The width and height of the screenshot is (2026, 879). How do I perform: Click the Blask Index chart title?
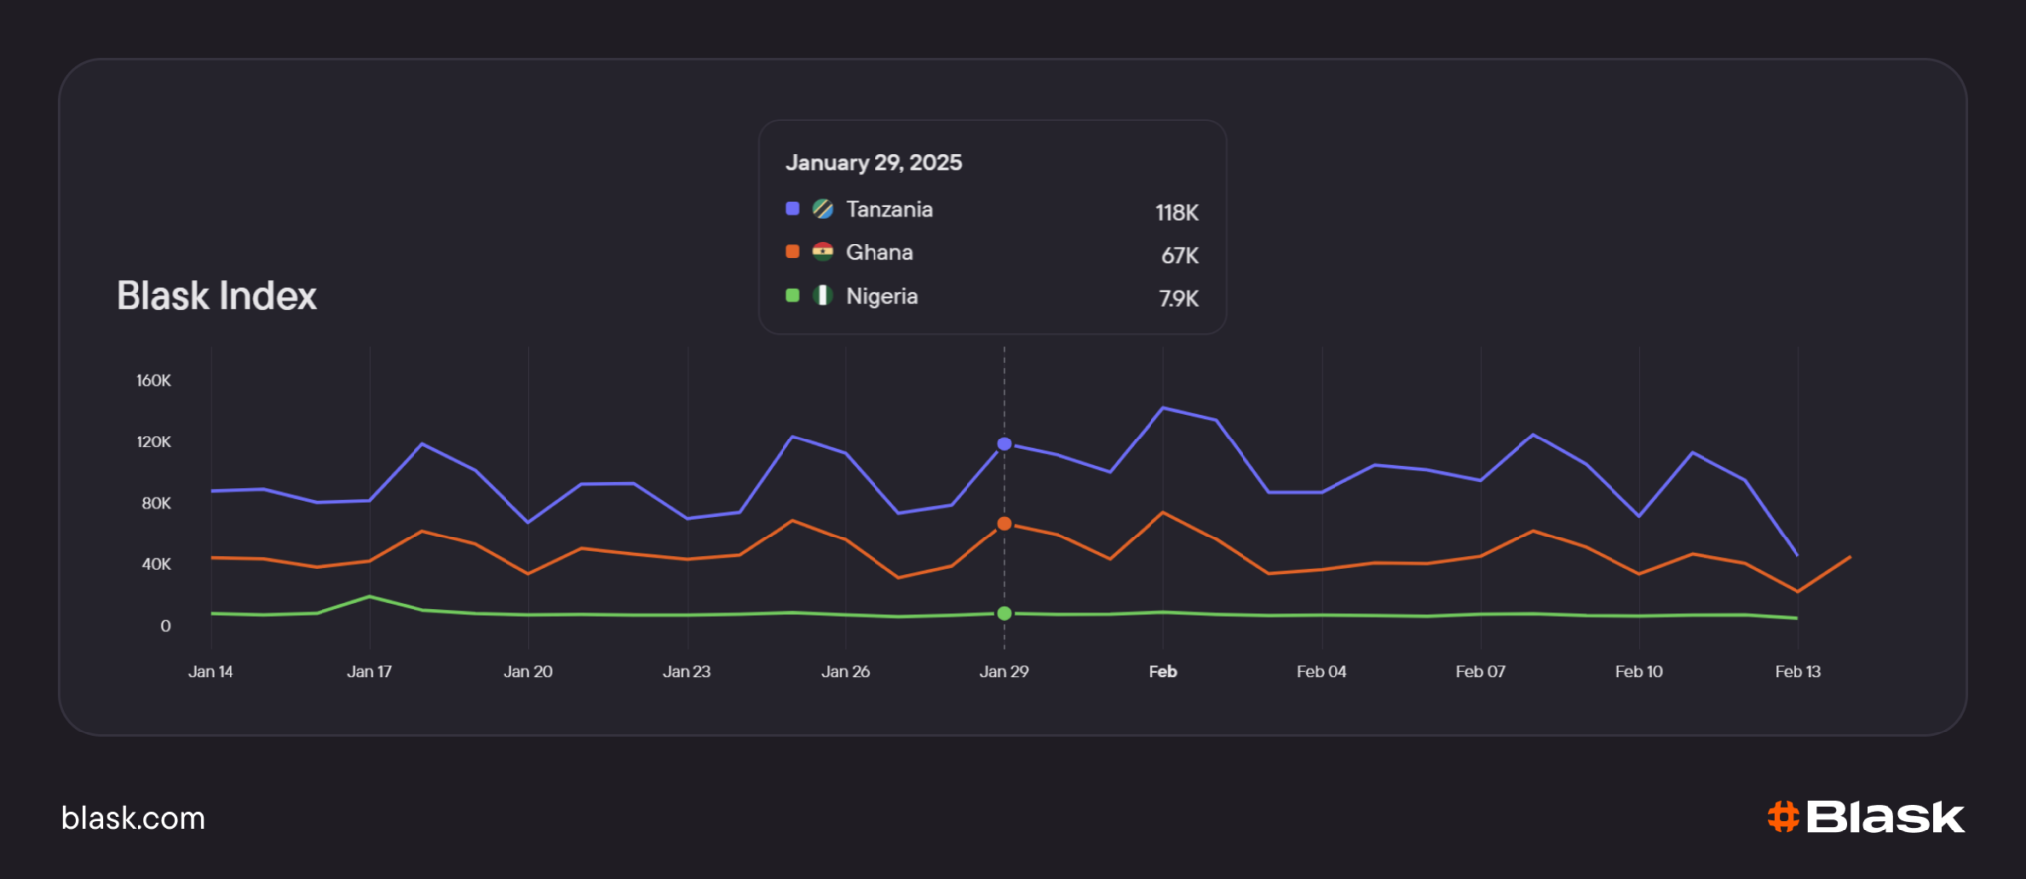pyautogui.click(x=217, y=296)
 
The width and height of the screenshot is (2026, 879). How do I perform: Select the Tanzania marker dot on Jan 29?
pyautogui.click(x=1004, y=444)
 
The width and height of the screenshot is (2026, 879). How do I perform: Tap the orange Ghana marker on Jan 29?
pyautogui.click(x=1004, y=523)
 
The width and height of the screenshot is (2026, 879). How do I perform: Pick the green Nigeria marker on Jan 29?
pyautogui.click(x=1004, y=613)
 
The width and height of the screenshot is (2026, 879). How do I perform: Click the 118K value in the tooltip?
pyautogui.click(x=1177, y=212)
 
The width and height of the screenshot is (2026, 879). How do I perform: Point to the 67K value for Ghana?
pyautogui.click(x=1180, y=255)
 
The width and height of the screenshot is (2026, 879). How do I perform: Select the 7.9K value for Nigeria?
pyautogui.click(x=1179, y=298)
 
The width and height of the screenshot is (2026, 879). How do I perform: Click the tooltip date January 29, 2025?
pyautogui.click(x=874, y=163)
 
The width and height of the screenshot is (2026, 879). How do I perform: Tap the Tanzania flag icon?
pyautogui.click(x=822, y=209)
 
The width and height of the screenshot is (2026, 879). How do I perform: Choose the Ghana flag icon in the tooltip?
pyautogui.click(x=822, y=252)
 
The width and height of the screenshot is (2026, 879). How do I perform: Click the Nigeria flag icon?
pyautogui.click(x=822, y=295)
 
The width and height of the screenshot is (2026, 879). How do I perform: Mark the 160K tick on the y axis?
pyautogui.click(x=153, y=381)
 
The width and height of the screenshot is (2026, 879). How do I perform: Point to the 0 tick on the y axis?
pyautogui.click(x=165, y=626)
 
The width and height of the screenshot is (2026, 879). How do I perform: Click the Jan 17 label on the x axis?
pyautogui.click(x=369, y=671)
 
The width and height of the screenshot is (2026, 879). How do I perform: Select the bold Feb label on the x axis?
pyautogui.click(x=1163, y=671)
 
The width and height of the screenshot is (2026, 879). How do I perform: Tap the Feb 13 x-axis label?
pyautogui.click(x=1797, y=671)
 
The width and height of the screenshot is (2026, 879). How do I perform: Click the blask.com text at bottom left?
pyautogui.click(x=134, y=818)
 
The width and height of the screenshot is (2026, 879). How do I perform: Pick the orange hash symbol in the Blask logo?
pyautogui.click(x=1783, y=817)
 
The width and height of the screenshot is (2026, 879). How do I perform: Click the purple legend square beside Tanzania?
pyautogui.click(x=792, y=208)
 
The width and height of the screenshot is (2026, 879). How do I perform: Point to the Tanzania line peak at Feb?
pyautogui.click(x=1163, y=408)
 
